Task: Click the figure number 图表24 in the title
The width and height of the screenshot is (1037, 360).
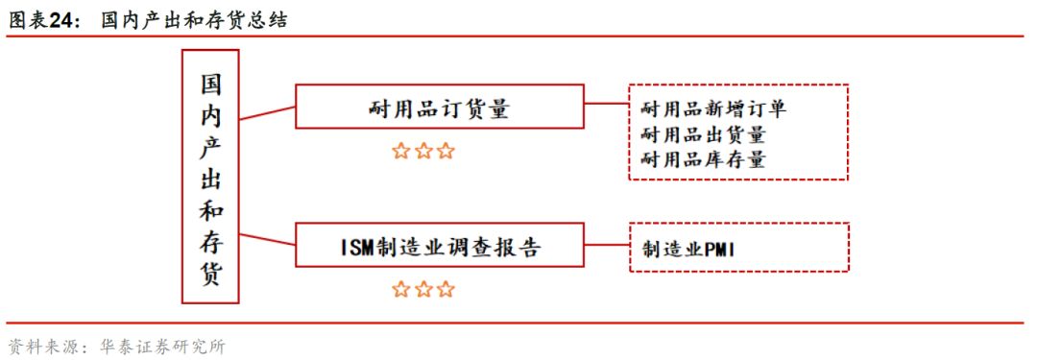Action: point(42,19)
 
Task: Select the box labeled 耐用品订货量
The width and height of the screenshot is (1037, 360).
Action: point(439,107)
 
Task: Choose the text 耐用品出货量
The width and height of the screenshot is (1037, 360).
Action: point(703,134)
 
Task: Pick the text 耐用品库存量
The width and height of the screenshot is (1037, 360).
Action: point(703,158)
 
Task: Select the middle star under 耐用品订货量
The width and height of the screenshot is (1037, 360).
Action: point(423,151)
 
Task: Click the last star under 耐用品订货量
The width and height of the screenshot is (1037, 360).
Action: point(446,151)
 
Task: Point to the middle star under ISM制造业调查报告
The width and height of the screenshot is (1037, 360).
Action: point(423,288)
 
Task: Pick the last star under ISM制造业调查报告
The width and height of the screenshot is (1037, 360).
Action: point(446,288)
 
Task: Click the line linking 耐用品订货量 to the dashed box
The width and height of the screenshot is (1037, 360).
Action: point(606,106)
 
